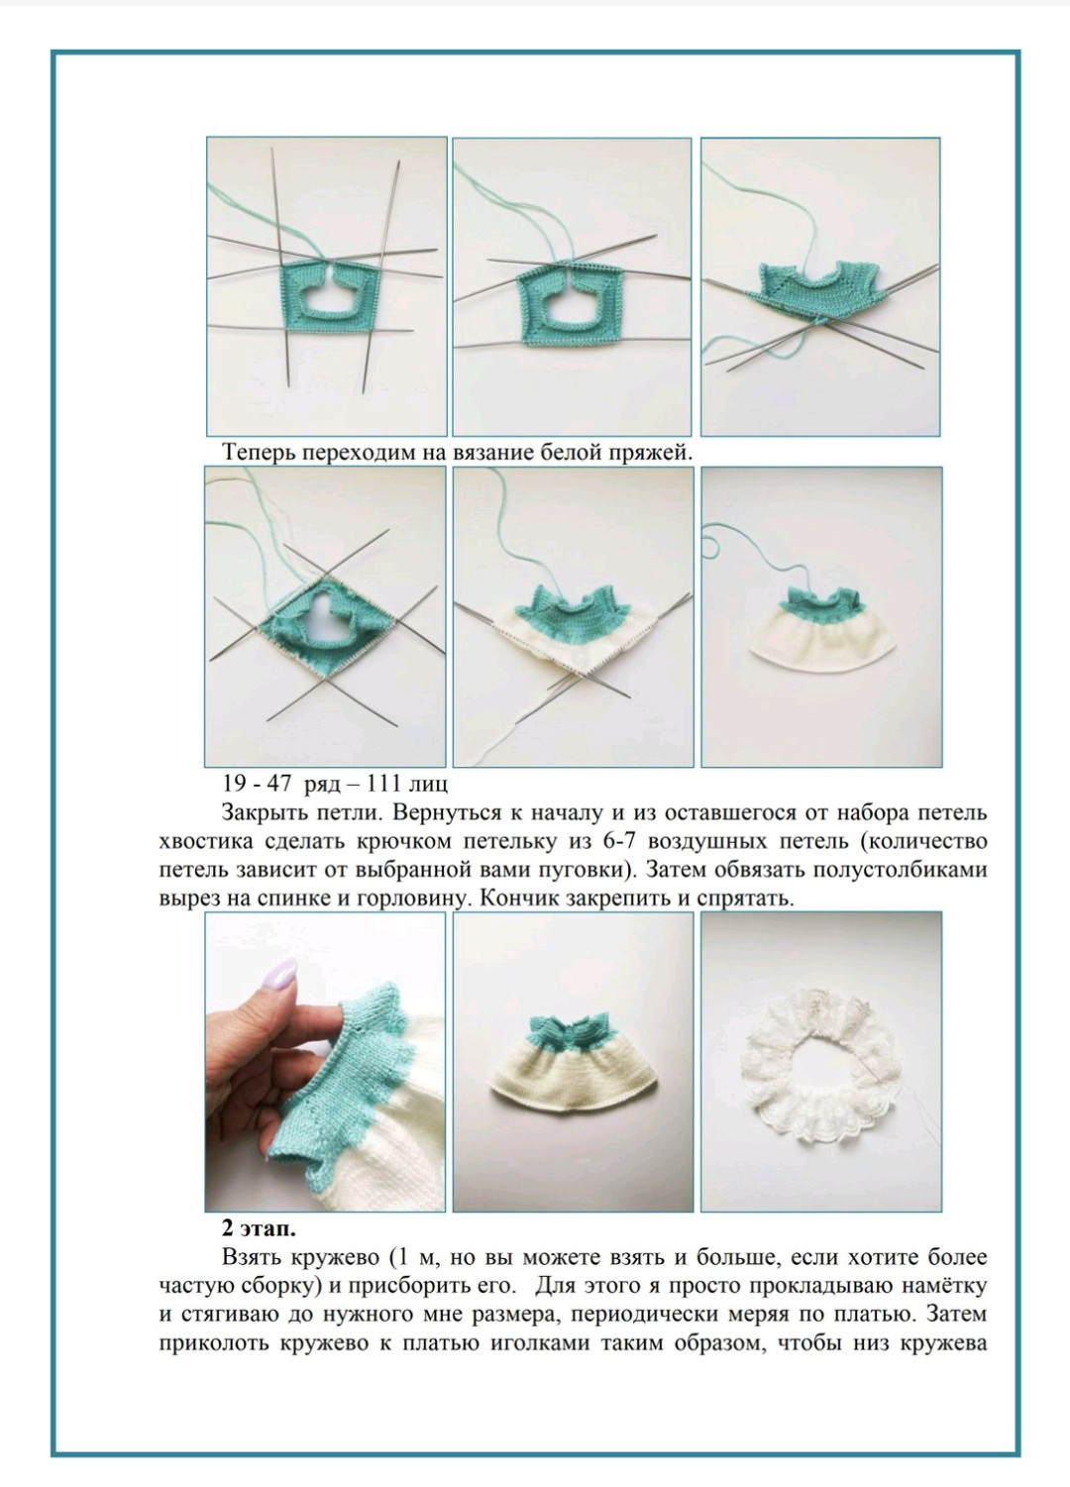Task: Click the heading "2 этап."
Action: tap(259, 1229)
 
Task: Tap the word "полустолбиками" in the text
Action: tap(900, 870)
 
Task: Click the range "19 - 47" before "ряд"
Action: tap(257, 784)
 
